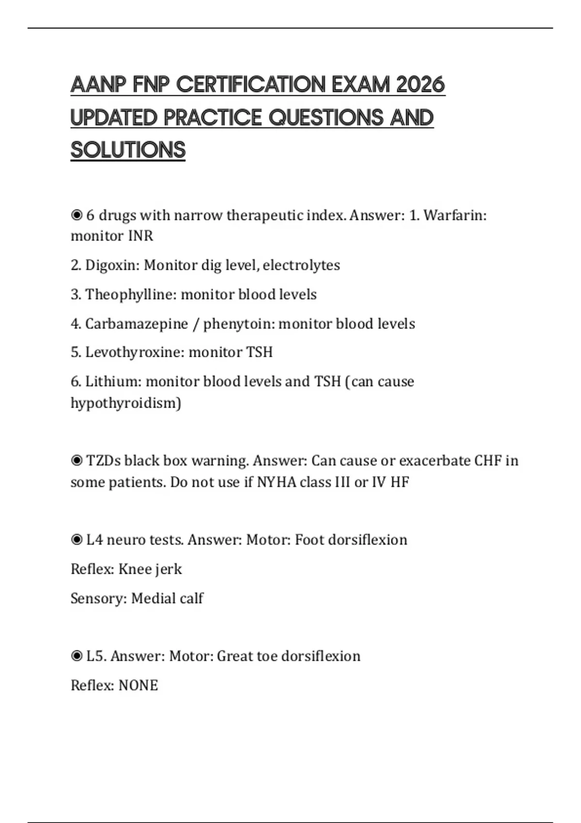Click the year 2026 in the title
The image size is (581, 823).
(x=420, y=85)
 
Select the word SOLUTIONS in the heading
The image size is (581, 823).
(x=128, y=150)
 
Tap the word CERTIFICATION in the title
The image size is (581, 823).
(x=251, y=85)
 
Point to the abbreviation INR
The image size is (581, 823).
(x=140, y=236)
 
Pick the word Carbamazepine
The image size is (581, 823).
(x=136, y=324)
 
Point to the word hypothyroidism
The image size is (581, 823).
(x=125, y=403)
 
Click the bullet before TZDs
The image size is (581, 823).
(x=76, y=460)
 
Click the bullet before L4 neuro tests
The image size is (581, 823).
(x=76, y=540)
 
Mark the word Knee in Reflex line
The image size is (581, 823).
(x=135, y=569)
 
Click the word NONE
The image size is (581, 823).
(x=138, y=686)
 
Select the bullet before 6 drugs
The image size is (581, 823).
(x=76, y=215)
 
